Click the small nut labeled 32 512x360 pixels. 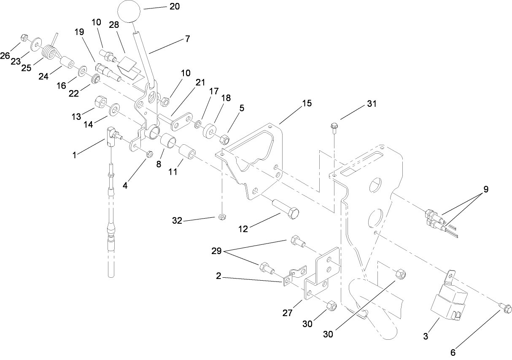click(221, 218)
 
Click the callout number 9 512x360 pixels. click(486, 189)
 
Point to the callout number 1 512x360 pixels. click(74, 155)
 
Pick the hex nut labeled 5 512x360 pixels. click(224, 138)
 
